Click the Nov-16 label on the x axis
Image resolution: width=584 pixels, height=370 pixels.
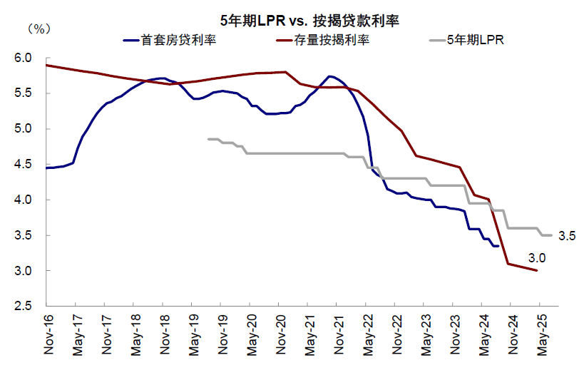point(47,336)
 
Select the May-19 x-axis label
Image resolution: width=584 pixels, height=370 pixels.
point(193,336)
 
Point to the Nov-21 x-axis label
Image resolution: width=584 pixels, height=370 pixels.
point(338,336)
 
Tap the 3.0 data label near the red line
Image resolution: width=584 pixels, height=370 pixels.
point(537,257)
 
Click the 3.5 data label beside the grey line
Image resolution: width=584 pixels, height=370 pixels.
point(567,235)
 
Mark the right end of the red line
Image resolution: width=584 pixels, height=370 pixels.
point(537,271)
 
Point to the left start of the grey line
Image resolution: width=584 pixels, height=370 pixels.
point(208,139)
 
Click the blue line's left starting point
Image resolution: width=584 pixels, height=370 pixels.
point(46,168)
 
